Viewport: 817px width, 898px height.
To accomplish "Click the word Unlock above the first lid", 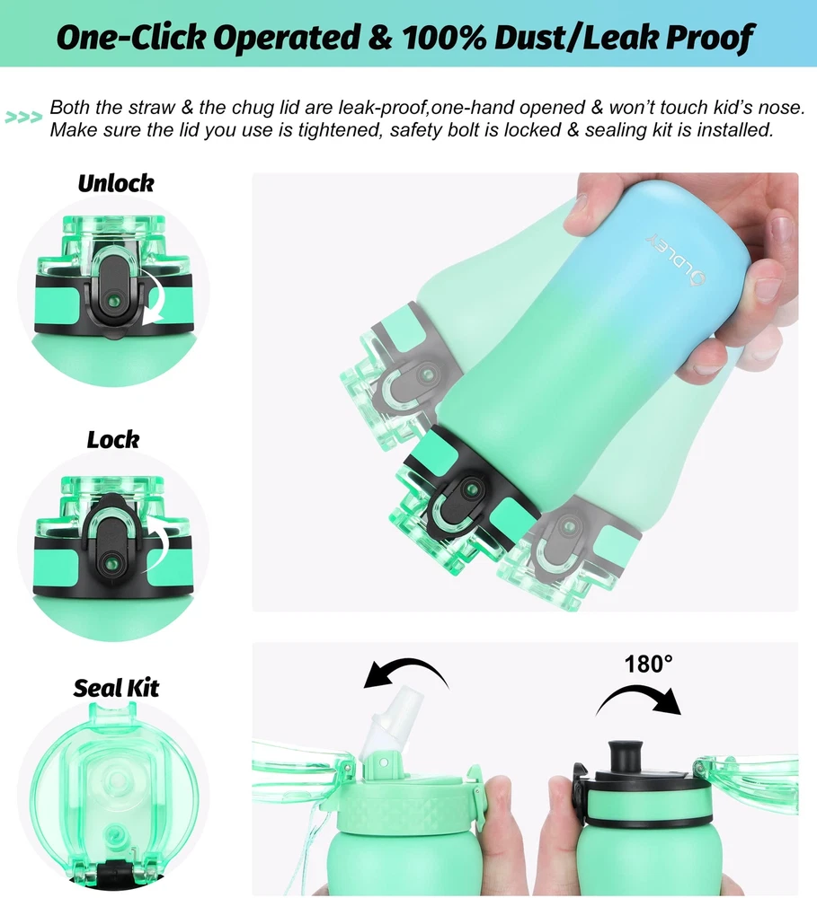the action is (x=116, y=184).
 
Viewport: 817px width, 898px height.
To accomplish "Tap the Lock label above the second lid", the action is (x=113, y=440).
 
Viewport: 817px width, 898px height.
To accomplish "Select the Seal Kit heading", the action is (x=116, y=688).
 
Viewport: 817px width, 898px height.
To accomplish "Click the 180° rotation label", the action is (x=648, y=665).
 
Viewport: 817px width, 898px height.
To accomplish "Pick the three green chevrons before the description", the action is (x=23, y=118).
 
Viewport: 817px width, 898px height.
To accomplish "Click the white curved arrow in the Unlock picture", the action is (x=152, y=298).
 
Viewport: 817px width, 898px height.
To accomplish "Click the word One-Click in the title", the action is (x=131, y=37).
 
